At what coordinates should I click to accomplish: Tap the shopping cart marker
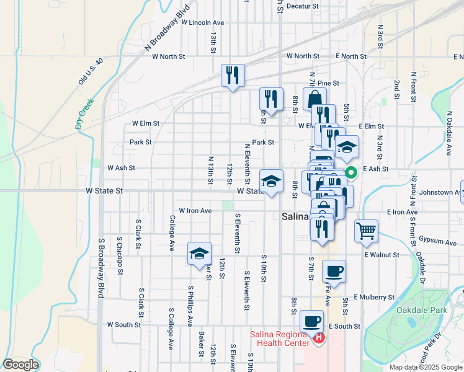click(367, 231)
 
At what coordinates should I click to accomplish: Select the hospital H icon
click(319, 338)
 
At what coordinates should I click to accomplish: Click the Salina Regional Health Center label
click(282, 339)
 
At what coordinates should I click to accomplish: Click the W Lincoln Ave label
click(202, 22)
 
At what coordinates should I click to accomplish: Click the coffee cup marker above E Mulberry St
click(334, 271)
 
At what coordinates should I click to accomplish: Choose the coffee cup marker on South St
click(311, 321)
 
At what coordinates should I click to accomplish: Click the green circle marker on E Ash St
click(350, 173)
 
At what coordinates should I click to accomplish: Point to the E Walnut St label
click(381, 255)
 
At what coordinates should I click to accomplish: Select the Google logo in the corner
click(20, 365)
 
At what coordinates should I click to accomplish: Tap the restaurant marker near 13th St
click(233, 76)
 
